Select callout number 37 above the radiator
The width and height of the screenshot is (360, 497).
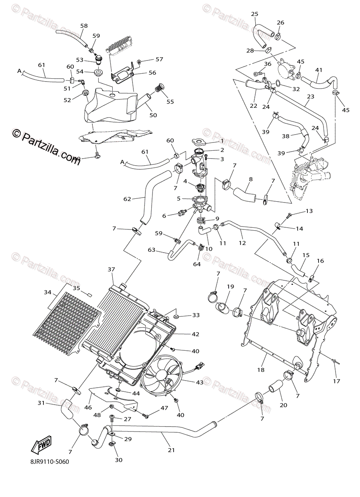111,270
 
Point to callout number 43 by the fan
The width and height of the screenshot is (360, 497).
200,382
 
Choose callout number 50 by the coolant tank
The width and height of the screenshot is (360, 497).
153,115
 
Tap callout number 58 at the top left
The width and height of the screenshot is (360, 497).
84,26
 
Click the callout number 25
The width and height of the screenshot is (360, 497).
254,14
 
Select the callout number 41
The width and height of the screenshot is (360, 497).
319,70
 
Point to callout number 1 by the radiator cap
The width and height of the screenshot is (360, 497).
222,141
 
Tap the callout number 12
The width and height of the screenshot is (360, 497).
242,243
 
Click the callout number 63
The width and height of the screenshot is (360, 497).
151,250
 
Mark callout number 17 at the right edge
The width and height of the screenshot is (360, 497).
336,381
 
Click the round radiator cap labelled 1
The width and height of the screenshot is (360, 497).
198,142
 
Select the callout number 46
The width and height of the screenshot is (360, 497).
88,408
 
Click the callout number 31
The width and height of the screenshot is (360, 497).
41,403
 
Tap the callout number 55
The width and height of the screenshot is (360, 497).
170,101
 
